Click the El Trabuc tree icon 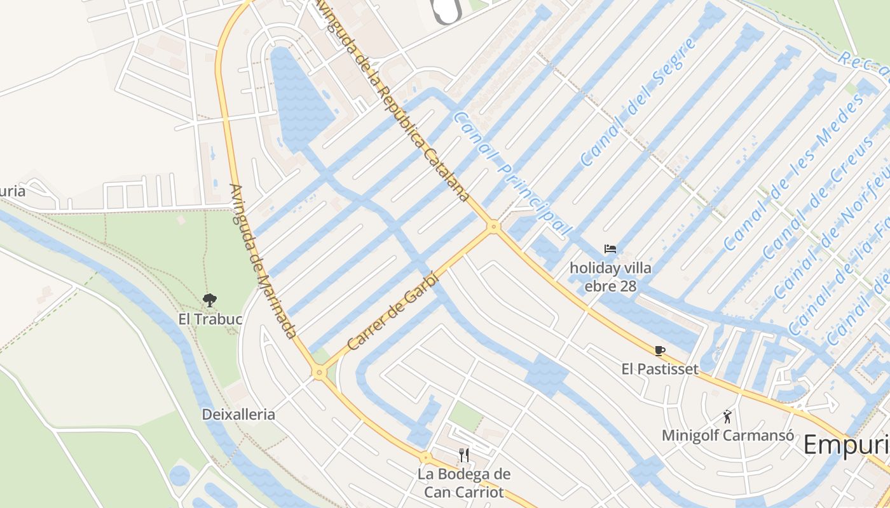[x=209, y=300]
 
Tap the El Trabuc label [x=210, y=319]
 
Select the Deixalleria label [x=238, y=415]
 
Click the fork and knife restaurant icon [x=464, y=455]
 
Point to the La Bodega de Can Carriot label [x=464, y=483]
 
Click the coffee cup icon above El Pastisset [x=659, y=351]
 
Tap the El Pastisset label [x=660, y=369]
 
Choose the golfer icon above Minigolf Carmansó [x=727, y=417]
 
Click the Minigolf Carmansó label [x=728, y=436]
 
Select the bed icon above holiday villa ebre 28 [x=610, y=249]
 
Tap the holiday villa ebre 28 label [x=610, y=277]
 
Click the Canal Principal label [x=512, y=175]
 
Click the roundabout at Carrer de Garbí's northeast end [x=493, y=226]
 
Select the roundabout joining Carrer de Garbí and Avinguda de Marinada [x=319, y=373]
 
